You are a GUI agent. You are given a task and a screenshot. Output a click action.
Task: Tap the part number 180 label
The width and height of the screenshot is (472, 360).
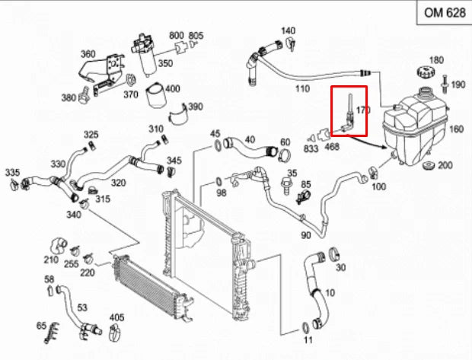point(436,60)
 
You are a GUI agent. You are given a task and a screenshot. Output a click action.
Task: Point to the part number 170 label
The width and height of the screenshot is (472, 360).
point(363,110)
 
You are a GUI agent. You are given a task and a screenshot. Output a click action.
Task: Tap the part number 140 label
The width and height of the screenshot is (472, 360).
point(287,31)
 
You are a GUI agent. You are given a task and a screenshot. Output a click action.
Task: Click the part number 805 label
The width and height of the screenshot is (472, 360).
point(196,37)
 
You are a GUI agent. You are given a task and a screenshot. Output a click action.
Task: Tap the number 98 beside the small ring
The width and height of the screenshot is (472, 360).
point(222,193)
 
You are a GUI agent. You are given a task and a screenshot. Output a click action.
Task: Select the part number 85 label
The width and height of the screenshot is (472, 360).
point(306,184)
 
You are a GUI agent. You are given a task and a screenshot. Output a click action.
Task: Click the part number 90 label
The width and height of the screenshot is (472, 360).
point(305,236)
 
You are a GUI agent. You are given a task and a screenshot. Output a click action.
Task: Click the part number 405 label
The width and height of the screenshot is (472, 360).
point(116,317)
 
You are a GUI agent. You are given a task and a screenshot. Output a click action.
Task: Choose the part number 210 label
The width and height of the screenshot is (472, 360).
point(51,260)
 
